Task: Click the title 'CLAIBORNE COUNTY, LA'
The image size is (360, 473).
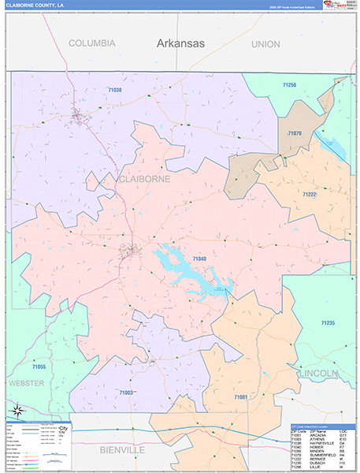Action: [x=35, y=5]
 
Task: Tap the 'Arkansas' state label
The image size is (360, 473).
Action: [x=180, y=43]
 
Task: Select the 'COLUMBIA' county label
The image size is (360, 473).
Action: [x=91, y=43]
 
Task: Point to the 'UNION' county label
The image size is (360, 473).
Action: [x=265, y=44]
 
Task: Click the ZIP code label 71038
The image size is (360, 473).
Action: [x=114, y=91]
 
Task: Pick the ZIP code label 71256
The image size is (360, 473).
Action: [x=289, y=84]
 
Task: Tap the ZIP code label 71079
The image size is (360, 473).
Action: [x=294, y=133]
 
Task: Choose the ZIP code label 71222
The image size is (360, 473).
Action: [x=309, y=194]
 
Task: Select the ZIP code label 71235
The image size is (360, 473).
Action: [x=328, y=323]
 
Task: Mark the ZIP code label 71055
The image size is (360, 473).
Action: [x=39, y=367]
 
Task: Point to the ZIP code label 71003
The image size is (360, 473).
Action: [x=125, y=392]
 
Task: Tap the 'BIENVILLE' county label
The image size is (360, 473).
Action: [x=123, y=449]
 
